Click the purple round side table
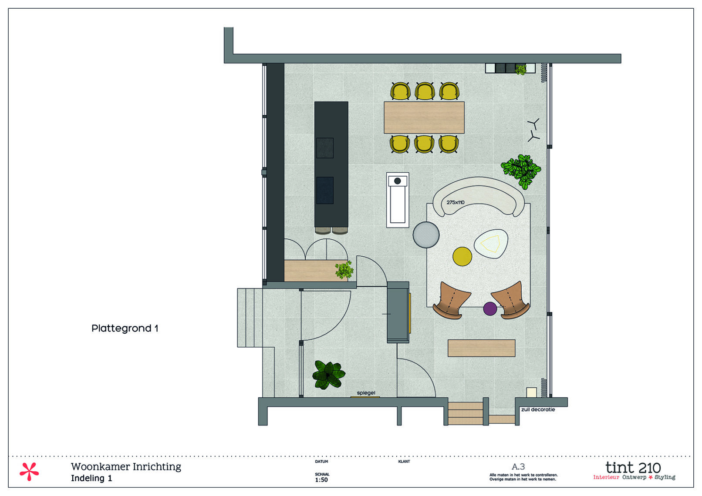click(x=490, y=308)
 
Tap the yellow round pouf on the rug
click(x=462, y=256)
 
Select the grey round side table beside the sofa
click(x=426, y=235)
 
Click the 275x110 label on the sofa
click(x=456, y=202)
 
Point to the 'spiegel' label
click(x=366, y=393)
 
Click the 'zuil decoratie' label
click(x=538, y=409)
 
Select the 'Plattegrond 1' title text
click(x=125, y=328)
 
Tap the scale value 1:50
click(x=321, y=480)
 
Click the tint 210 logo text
click(x=633, y=468)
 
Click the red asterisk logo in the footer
click(x=29, y=472)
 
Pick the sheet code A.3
click(x=518, y=467)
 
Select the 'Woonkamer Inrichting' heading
click(x=126, y=467)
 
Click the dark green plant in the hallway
click(x=328, y=375)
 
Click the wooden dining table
click(x=424, y=117)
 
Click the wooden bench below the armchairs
click(x=481, y=348)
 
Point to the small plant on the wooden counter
click(x=344, y=270)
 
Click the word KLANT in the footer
click(x=404, y=462)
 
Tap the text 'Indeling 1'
click(x=91, y=479)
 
